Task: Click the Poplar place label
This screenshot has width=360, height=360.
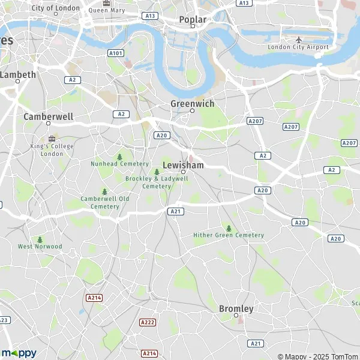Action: [x=193, y=20]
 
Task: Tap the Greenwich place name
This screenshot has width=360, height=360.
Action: [x=192, y=104]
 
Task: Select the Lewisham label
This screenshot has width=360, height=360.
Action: [x=183, y=165]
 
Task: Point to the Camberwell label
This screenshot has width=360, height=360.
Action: [x=48, y=116]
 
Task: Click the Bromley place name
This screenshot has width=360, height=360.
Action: [x=236, y=308]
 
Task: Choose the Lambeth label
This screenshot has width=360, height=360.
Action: [x=18, y=75]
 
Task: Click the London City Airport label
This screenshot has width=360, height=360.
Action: [x=298, y=47]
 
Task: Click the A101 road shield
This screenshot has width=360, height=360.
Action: [x=116, y=53]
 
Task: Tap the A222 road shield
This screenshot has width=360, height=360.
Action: [x=148, y=322]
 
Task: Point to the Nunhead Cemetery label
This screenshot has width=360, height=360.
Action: [x=119, y=164]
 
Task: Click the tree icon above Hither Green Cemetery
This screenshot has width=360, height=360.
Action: [x=229, y=228]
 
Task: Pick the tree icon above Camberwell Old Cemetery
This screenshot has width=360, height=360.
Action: [x=105, y=192]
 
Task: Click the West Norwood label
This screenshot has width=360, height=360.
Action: [x=40, y=247]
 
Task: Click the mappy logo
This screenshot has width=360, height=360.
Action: [x=19, y=353]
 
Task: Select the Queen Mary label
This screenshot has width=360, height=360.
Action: [x=107, y=10]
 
